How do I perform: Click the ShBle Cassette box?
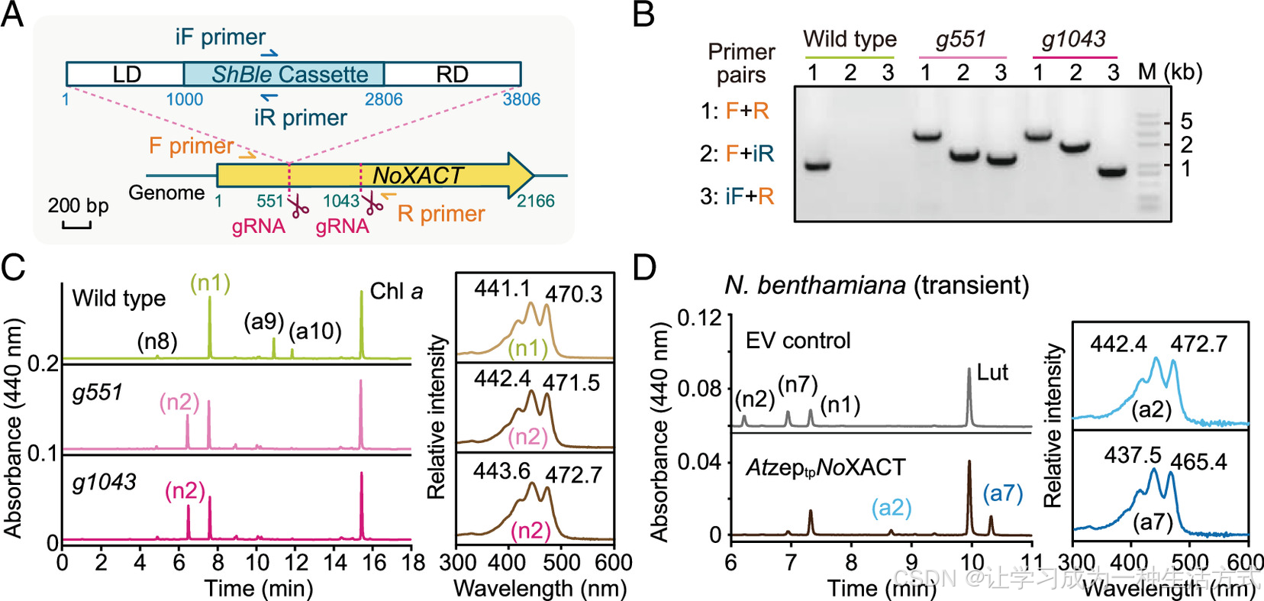[x=284, y=74]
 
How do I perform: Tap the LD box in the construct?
[x=126, y=74]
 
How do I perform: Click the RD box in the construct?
[x=452, y=74]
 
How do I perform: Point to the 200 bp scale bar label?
[x=78, y=205]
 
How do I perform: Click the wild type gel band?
[x=817, y=166]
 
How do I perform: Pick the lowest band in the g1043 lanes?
[x=1112, y=172]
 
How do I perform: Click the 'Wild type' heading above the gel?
[x=850, y=39]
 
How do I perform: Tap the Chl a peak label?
[x=395, y=292]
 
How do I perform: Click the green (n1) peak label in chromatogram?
[x=210, y=283]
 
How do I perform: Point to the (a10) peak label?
[x=315, y=331]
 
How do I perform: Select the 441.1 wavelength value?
[x=501, y=288]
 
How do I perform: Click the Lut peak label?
[x=992, y=372]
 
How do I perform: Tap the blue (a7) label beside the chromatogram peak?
[x=1002, y=493]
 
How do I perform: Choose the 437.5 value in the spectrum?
[x=1132, y=455]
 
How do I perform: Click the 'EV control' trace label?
[x=798, y=341]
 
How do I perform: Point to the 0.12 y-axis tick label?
[x=700, y=316]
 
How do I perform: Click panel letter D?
[x=645, y=269]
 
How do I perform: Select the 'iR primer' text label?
[x=300, y=118]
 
